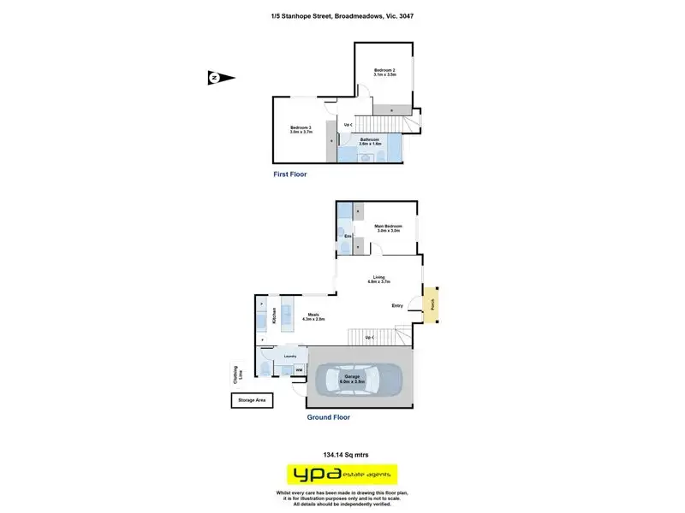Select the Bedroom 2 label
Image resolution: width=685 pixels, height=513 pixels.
pos(385,73)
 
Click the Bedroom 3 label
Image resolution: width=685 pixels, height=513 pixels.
pos(301,130)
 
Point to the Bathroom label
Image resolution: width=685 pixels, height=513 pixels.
pos(370,141)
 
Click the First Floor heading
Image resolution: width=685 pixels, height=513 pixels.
pos(289,174)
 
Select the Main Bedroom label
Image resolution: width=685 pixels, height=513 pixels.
pos(389,228)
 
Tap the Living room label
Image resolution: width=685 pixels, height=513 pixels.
pos(378,279)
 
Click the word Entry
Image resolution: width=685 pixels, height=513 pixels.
pos(397,305)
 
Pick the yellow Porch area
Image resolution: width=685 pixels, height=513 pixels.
pos(433,304)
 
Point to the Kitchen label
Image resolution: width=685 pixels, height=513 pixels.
pos(274,315)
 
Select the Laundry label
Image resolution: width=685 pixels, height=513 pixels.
pos(289,356)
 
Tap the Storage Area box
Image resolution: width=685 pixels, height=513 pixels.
pos(251,400)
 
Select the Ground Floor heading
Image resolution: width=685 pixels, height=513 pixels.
pos(328,418)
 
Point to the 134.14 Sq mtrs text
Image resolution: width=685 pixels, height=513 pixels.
pos(342,455)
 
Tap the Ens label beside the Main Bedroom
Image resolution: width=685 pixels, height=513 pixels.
pos(348,236)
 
